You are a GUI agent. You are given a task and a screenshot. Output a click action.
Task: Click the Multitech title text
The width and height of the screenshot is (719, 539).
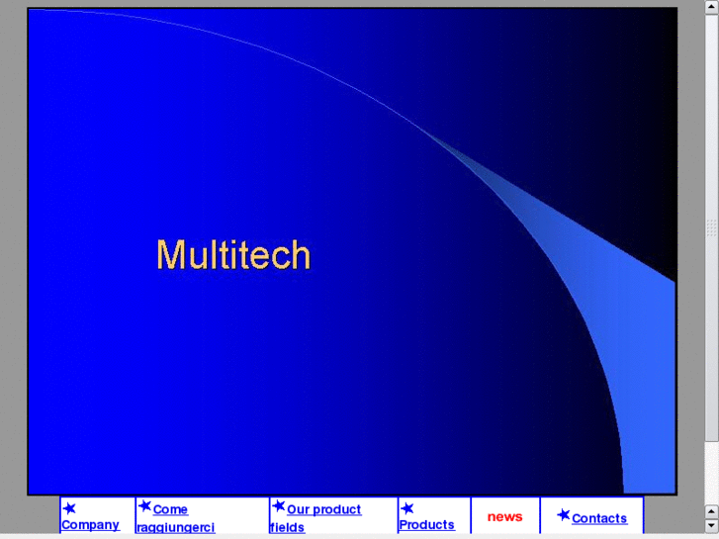coord(233,255)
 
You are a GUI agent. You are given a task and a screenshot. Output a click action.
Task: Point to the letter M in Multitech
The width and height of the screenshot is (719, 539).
coord(170,255)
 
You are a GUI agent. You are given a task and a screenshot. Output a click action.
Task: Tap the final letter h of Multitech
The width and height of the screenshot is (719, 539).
coord(301,255)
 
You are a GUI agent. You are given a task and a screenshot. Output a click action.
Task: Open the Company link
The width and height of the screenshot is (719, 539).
coord(90,525)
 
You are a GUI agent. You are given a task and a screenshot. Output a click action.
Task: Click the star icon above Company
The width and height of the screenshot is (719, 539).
coord(69,508)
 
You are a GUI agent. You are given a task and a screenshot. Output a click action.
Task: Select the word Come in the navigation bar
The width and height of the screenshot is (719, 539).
coord(170,509)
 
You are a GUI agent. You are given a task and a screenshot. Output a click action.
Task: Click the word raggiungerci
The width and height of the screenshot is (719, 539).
coord(175,528)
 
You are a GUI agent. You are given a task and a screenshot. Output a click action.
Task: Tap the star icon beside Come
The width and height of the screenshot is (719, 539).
coord(144,506)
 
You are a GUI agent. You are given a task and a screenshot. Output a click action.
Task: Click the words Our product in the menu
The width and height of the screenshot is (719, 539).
coord(323,509)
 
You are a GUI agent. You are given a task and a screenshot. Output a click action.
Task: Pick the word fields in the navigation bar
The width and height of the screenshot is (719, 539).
coord(287,528)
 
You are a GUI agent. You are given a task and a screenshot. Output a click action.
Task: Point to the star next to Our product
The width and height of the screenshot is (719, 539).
coord(278,506)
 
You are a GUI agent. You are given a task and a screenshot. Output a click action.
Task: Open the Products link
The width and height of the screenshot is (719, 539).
coord(426,525)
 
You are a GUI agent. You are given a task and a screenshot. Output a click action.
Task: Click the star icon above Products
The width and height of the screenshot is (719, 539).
coord(406,508)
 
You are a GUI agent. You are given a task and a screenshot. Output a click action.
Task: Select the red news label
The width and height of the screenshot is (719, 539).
coord(504,516)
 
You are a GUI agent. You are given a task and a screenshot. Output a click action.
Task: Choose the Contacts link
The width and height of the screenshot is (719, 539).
coord(598,518)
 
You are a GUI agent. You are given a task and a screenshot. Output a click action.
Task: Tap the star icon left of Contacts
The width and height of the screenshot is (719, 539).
coord(563,515)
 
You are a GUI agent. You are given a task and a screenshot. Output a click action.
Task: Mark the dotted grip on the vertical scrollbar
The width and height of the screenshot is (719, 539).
coord(711,228)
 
